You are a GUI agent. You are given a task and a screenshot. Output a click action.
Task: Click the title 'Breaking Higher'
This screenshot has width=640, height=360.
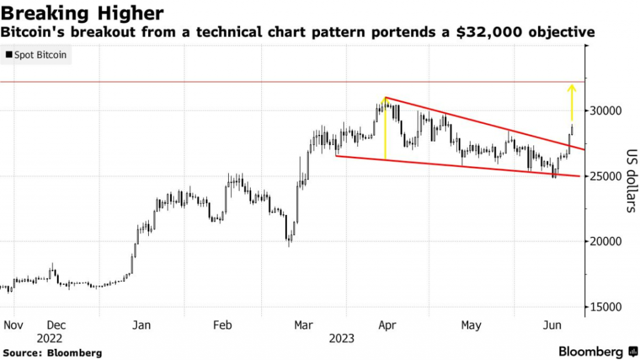pyautogui.click(x=83, y=12)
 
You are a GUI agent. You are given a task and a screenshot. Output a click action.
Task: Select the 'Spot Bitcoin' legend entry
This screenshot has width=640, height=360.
pyautogui.click(x=37, y=56)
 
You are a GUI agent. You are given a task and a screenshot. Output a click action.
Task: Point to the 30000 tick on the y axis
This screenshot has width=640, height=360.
pyautogui.click(x=606, y=111)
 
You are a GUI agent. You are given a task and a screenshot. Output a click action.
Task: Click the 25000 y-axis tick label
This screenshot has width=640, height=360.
pyautogui.click(x=606, y=176)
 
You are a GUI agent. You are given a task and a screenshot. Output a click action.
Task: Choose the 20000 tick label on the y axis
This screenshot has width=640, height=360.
pyautogui.click(x=606, y=242)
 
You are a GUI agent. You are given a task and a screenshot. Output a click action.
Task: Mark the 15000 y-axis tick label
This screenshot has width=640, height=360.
pyautogui.click(x=606, y=307)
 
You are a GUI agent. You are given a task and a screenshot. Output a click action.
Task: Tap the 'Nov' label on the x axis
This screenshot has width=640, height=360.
pyautogui.click(x=13, y=325)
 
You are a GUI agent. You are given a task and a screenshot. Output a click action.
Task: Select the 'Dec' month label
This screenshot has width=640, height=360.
pyautogui.click(x=57, y=325)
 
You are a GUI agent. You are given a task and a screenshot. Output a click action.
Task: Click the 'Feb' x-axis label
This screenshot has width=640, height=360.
pyautogui.click(x=222, y=325)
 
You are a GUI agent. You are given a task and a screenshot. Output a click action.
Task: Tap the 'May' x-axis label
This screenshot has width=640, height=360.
pyautogui.click(x=471, y=325)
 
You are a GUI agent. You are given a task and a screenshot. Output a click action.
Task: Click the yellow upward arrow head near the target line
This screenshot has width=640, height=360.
pyautogui.click(x=571, y=88)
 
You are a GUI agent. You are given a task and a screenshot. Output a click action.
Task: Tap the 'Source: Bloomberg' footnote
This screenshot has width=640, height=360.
pyautogui.click(x=51, y=352)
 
